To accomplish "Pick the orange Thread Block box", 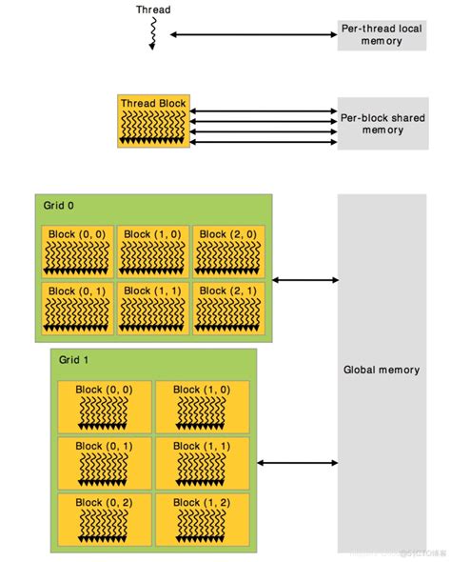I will [x=152, y=121].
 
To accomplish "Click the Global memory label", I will [x=381, y=370].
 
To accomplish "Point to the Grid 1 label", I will [x=74, y=361].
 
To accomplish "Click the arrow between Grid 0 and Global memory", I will [x=304, y=280].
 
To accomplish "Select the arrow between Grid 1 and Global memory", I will [x=297, y=464].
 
